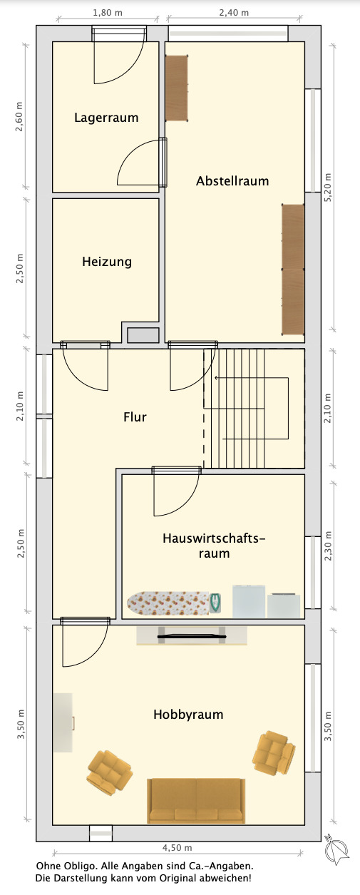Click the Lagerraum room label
click(x=106, y=118)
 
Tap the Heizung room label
click(x=107, y=262)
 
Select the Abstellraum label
click(x=232, y=181)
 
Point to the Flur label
click(x=135, y=417)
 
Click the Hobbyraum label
click(x=188, y=715)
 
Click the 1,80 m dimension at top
click(x=108, y=13)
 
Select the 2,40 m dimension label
click(x=234, y=13)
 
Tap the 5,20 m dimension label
click(x=328, y=188)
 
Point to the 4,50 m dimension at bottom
click(x=177, y=847)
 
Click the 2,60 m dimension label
click(x=19, y=117)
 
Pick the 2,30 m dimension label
click(x=328, y=546)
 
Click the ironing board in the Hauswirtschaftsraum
click(x=168, y=603)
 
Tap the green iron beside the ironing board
click(x=215, y=603)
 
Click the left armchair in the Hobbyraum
click(x=110, y=772)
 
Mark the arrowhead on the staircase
click(x=216, y=377)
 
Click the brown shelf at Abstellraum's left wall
click(x=177, y=88)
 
